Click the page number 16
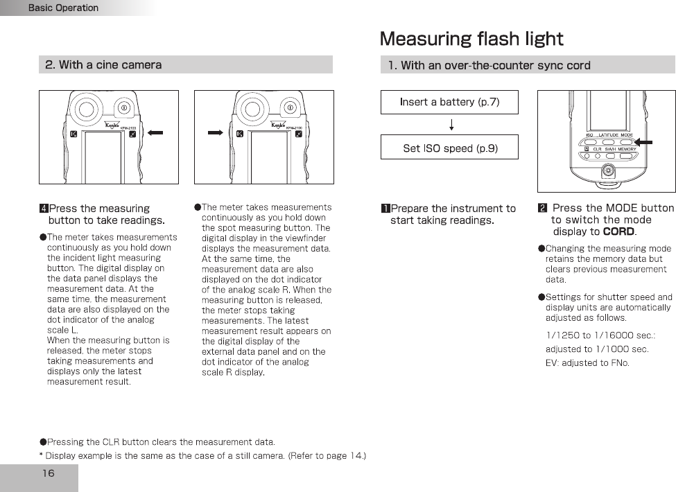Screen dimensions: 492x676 click(x=48, y=473)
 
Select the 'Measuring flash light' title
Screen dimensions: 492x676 click(x=471, y=39)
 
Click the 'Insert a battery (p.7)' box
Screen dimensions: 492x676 click(x=449, y=102)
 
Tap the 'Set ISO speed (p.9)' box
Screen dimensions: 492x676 click(x=449, y=148)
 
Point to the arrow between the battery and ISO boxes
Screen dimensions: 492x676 click(x=452, y=125)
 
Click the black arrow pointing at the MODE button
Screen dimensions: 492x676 click(x=644, y=141)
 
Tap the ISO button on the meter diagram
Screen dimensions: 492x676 click(x=589, y=141)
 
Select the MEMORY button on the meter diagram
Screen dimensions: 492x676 click(x=627, y=156)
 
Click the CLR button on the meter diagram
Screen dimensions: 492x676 click(x=596, y=156)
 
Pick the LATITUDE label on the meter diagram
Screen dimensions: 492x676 click(x=608, y=135)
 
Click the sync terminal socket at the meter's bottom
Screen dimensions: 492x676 click(x=608, y=170)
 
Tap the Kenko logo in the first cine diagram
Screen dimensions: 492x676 click(x=112, y=126)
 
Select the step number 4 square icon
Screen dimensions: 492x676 click(x=44, y=209)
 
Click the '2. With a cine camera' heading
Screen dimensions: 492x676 click(x=103, y=65)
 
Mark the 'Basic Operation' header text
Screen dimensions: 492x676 click(x=63, y=8)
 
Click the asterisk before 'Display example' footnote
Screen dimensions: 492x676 click(x=41, y=455)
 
